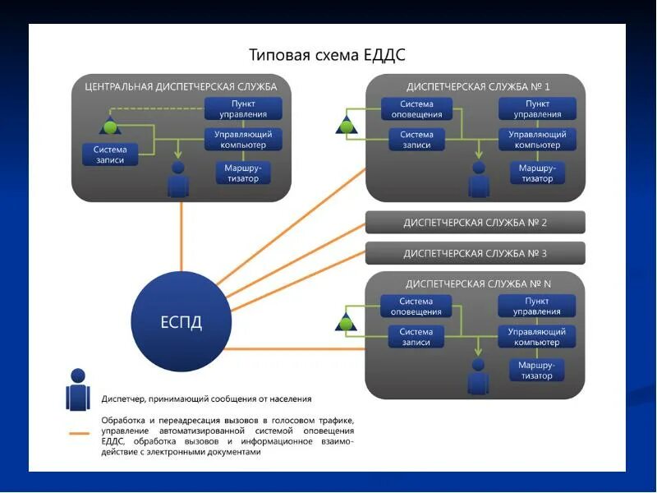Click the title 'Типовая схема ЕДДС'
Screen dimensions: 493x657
(327, 55)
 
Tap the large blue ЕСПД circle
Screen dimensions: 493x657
(181, 320)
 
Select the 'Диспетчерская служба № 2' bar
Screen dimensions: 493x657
(475, 223)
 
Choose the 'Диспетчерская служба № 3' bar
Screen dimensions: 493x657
(475, 253)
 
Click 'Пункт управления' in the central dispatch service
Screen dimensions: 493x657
(243, 108)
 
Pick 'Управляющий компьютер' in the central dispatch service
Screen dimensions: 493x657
(243, 140)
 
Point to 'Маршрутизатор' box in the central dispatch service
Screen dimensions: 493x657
(242, 173)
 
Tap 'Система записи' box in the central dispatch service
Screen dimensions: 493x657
(110, 154)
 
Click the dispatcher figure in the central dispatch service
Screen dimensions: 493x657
(178, 178)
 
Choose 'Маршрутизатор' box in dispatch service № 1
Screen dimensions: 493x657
(537, 173)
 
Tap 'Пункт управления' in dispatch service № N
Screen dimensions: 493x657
(537, 306)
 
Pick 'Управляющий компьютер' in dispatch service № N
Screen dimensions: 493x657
(537, 336)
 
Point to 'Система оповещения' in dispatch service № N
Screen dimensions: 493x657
(416, 306)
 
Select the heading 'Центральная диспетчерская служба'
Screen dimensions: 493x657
(181, 86)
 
